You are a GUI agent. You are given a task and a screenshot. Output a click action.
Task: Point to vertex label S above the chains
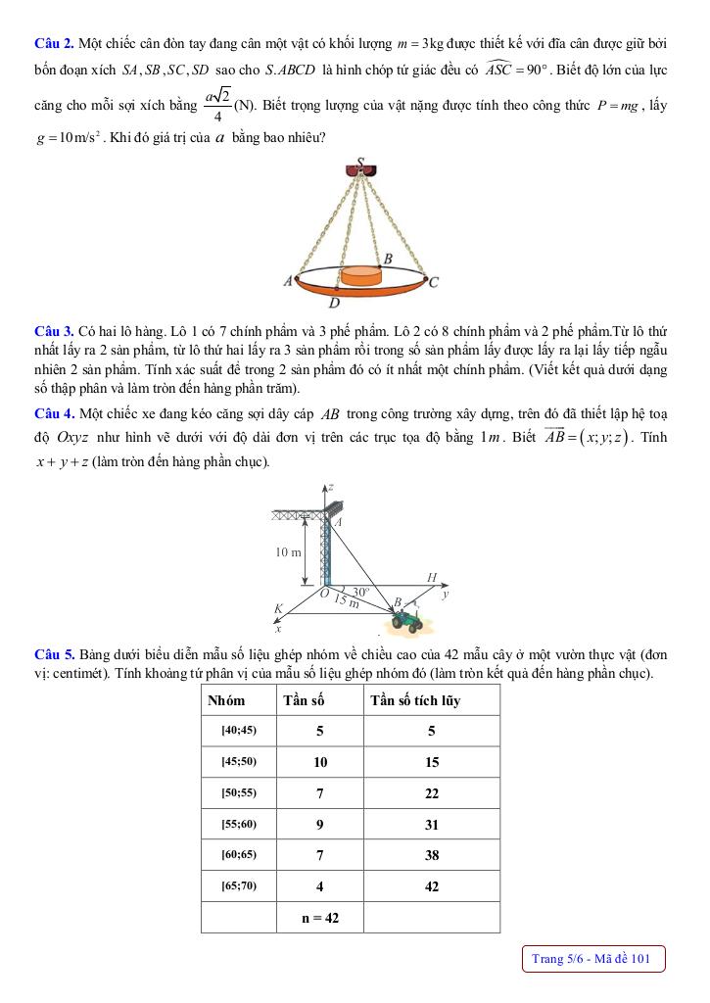coord(361,163)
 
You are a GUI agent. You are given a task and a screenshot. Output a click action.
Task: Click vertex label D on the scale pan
coord(334,302)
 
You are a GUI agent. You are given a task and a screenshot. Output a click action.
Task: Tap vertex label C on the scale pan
coord(434,282)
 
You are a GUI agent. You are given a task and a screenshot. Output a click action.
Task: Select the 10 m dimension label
coord(288,552)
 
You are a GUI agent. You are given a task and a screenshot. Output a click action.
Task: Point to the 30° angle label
coord(361,592)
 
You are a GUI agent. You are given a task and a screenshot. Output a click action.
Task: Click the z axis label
coord(332,486)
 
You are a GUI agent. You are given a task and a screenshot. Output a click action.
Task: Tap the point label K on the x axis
coord(277,608)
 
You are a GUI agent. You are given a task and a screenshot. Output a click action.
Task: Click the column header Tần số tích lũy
coord(415,700)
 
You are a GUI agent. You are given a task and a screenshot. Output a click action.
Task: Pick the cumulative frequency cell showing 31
coord(432,824)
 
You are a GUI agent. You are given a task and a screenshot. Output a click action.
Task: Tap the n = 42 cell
coord(320,918)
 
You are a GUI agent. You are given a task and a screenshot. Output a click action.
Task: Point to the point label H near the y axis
coord(432,578)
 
